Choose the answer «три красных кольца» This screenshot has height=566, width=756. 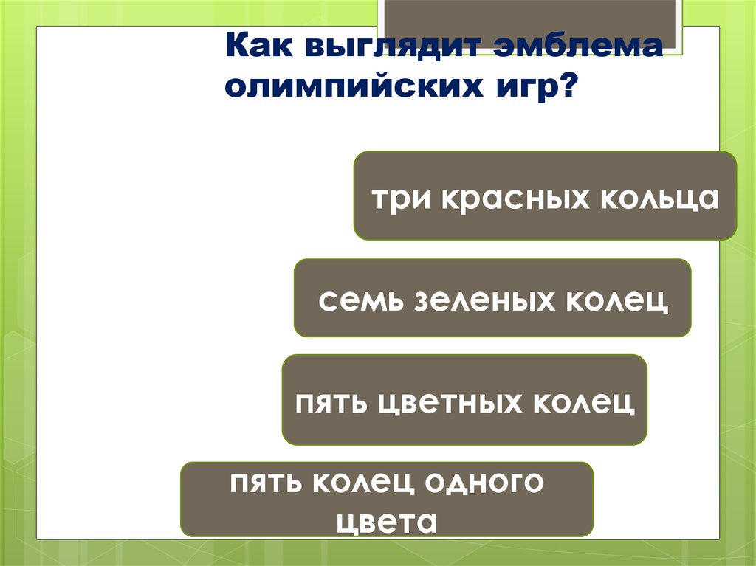[x=545, y=196]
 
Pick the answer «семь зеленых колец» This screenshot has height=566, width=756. [x=492, y=298]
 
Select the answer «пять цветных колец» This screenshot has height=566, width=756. [x=464, y=400]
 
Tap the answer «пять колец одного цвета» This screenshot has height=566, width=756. [x=387, y=500]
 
